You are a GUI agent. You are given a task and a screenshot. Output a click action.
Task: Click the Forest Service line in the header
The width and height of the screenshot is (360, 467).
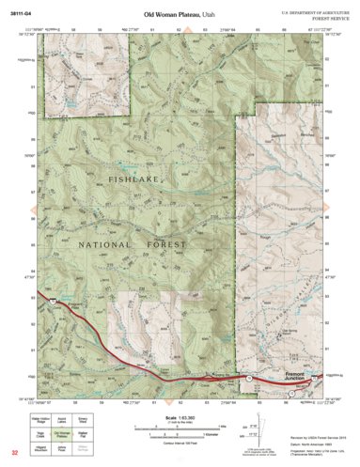click(317, 18)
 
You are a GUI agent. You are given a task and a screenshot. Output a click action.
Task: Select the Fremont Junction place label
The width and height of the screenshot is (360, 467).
click(301, 373)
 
